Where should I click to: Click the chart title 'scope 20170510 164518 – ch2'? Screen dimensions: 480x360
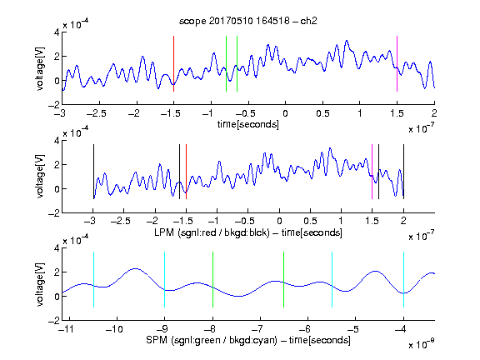coord(247,21)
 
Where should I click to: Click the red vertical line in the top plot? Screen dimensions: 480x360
coord(173,63)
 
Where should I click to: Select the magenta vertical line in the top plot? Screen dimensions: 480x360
coord(397,63)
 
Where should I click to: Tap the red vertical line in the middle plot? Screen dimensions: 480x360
coord(186,172)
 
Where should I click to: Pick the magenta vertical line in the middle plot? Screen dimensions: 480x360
coord(372,172)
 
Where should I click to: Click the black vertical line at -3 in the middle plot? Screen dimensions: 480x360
coord(93,172)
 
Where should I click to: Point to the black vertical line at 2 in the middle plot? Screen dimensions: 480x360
coord(403,172)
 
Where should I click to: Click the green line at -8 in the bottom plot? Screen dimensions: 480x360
coord(212,279)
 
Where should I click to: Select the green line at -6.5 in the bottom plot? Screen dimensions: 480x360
coord(284,279)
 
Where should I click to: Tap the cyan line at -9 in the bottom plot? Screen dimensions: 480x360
coord(164,279)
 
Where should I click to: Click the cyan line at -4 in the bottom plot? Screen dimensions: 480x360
coord(403,279)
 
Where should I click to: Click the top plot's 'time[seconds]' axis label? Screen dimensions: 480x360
coord(248,124)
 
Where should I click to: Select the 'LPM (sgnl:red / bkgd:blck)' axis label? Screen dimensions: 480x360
coord(212,232)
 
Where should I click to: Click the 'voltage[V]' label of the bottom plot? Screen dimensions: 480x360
coord(40,284)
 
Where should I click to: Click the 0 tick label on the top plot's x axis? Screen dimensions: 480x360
coord(285,113)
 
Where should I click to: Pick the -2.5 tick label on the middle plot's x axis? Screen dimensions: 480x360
coord(121,221)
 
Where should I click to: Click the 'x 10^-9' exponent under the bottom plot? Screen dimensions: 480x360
coord(421,344)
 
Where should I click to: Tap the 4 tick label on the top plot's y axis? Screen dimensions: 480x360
coord(57,32)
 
